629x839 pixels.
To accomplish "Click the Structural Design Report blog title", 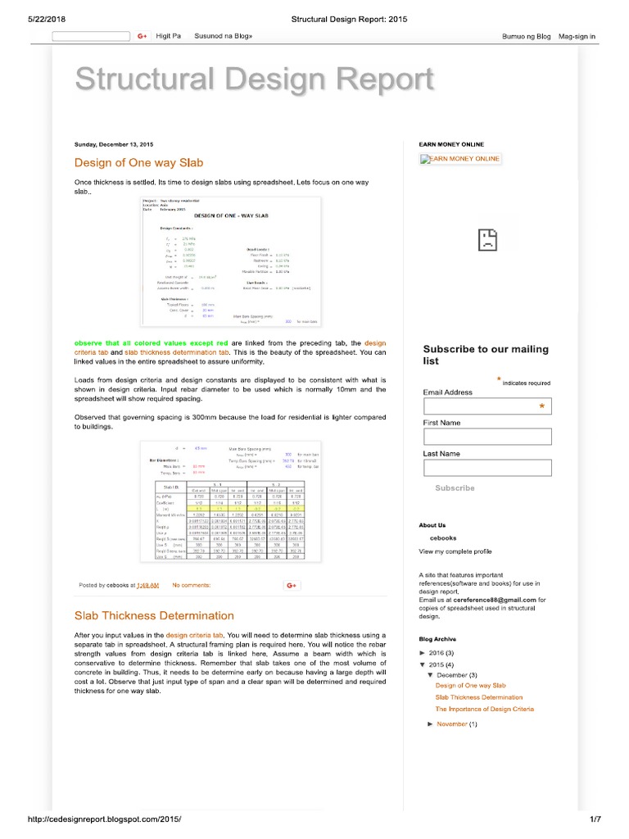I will pos(254,80).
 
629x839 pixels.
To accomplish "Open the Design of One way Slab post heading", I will pos(139,162).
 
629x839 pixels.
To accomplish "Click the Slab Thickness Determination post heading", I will pos(154,615).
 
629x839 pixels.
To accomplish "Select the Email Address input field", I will pos(487,407).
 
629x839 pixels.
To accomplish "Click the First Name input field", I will pos(487,438).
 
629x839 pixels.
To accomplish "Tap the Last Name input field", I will pos(487,468).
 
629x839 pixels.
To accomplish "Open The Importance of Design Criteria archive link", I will pos(484,709).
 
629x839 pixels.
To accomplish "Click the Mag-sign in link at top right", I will pos(577,37).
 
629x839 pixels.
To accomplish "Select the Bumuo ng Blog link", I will pos(526,37).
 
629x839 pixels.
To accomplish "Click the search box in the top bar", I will pos(91,36).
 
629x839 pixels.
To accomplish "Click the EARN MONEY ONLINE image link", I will pos(459,159).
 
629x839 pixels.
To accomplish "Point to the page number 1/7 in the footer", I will pos(595,819).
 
